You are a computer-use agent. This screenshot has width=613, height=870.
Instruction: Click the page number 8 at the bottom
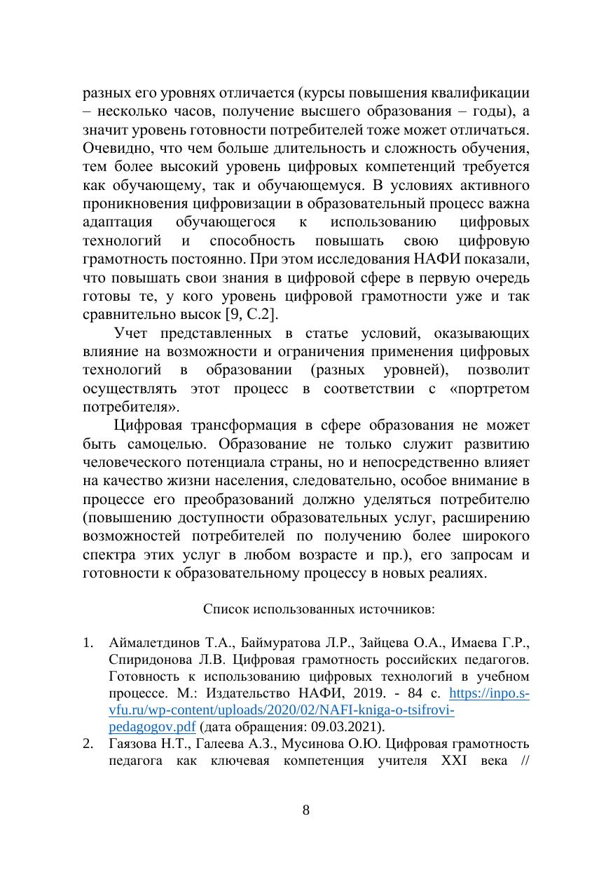pyautogui.click(x=305, y=810)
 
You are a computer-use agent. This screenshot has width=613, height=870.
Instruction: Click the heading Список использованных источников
pyautogui.click(x=319, y=609)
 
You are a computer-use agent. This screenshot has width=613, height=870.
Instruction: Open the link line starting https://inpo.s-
pyautogui.click(x=489, y=693)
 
